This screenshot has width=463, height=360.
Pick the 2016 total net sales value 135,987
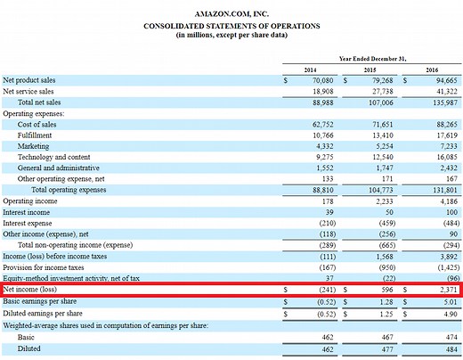[435, 102]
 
